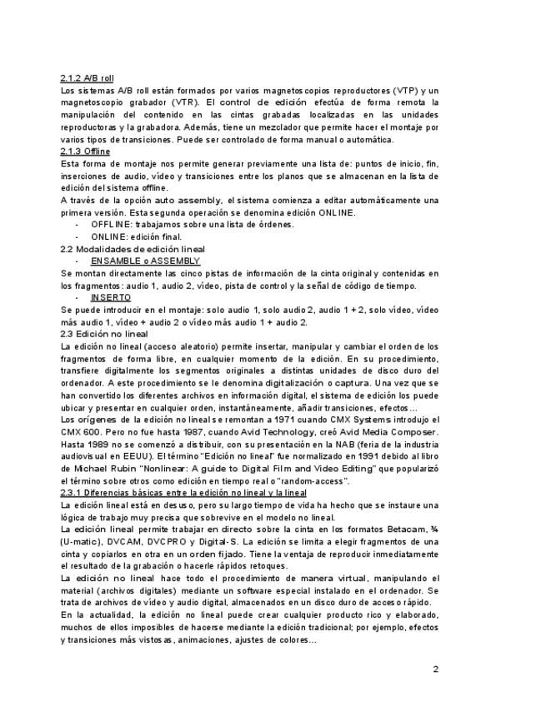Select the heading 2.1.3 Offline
(85, 152)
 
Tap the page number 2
(435, 669)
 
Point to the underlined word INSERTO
(110, 297)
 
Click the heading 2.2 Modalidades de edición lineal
(133, 249)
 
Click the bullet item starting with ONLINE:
(137, 236)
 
